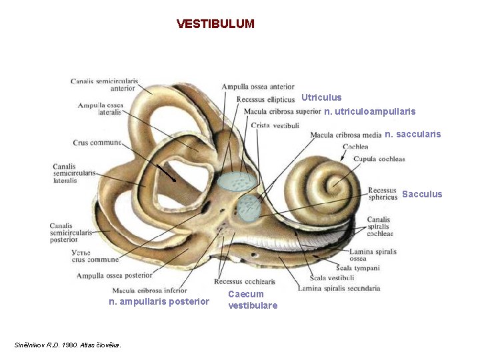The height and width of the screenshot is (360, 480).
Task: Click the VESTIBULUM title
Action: pos(215,24)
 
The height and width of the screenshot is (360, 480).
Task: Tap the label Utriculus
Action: pos(321,97)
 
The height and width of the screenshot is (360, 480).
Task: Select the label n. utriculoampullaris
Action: pos(369,111)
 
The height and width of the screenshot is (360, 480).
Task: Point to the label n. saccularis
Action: pos(413,134)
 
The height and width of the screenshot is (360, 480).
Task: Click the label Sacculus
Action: pos(422,194)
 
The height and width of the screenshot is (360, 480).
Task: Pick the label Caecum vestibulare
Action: pos(253,299)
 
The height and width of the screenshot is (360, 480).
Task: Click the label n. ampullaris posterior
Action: pos(159,301)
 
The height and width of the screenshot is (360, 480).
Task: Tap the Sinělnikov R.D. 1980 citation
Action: pos(68,345)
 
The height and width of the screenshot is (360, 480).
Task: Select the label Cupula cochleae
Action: pos(379,159)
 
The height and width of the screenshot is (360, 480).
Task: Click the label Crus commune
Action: pos(97,142)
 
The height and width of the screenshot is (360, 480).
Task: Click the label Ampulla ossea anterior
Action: pos(257,87)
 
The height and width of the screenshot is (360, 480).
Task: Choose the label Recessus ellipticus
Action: pos(265,99)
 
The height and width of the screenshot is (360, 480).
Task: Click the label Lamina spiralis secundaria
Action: pos(339,288)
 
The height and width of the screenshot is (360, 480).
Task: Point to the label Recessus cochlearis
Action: pos(245,281)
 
